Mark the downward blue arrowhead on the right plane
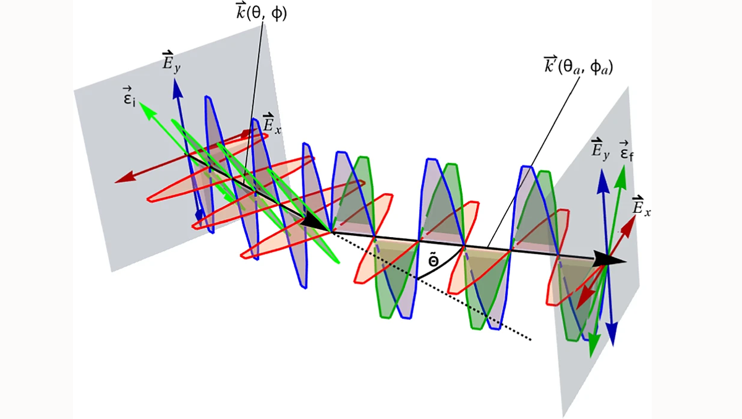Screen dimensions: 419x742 (x=612, y=336)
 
